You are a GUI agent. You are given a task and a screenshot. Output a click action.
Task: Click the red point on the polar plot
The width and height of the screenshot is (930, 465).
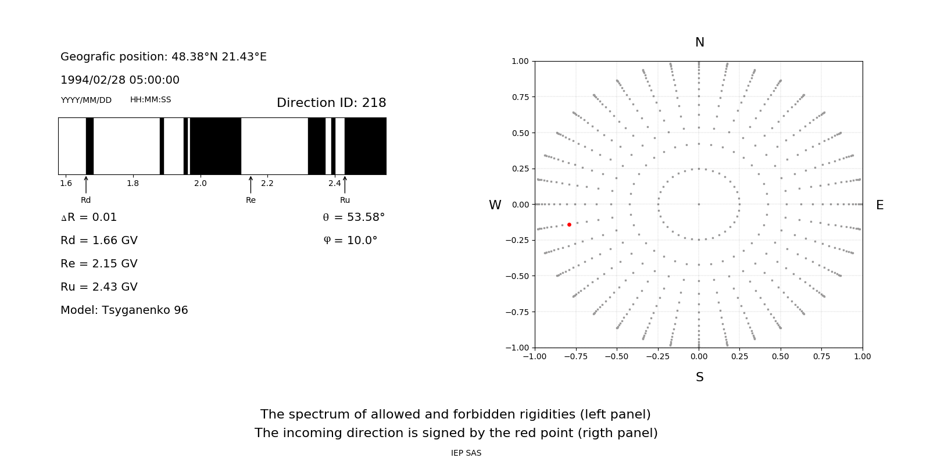click(x=569, y=224)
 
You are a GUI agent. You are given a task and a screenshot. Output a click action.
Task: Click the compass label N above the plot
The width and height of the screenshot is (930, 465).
click(x=700, y=42)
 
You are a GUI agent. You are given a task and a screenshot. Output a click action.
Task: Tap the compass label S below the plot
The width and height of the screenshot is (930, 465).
click(x=700, y=377)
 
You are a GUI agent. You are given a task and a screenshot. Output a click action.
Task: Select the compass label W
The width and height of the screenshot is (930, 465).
click(x=495, y=205)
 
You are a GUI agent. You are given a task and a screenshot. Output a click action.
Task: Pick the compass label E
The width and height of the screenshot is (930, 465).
click(x=880, y=205)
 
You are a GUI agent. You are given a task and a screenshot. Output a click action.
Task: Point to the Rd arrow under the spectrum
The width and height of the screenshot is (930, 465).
click(x=86, y=185)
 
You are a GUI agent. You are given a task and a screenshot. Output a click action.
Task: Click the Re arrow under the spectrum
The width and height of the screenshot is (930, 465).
click(x=251, y=185)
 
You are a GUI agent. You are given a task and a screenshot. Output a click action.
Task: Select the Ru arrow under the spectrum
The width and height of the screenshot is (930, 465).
click(x=345, y=185)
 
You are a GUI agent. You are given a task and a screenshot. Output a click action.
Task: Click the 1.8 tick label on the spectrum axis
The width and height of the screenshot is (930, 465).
click(x=133, y=184)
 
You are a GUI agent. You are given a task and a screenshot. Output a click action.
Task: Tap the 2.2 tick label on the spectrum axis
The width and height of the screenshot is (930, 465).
click(x=267, y=184)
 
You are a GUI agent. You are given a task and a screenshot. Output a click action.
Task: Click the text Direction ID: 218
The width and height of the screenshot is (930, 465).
click(x=331, y=103)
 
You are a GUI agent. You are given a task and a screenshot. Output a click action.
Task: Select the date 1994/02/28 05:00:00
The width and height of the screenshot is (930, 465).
click(x=120, y=80)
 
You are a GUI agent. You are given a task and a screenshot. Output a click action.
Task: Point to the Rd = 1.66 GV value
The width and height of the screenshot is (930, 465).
click(x=99, y=241)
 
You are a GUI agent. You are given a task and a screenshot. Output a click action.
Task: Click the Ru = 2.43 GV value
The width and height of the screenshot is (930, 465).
click(x=99, y=287)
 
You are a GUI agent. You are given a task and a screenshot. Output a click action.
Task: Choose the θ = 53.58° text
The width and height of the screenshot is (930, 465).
click(x=353, y=217)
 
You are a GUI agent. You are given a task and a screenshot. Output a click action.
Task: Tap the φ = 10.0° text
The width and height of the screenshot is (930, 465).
click(x=350, y=241)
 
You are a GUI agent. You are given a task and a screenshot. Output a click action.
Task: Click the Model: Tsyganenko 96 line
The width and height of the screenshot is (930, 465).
click(x=124, y=310)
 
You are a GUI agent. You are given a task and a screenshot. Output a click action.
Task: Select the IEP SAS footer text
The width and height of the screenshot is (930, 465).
click(x=466, y=453)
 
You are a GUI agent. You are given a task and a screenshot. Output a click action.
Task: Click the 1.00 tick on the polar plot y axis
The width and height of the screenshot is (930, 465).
click(x=520, y=61)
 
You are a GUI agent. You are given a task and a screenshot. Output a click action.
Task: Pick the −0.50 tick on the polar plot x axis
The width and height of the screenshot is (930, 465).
click(x=617, y=356)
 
